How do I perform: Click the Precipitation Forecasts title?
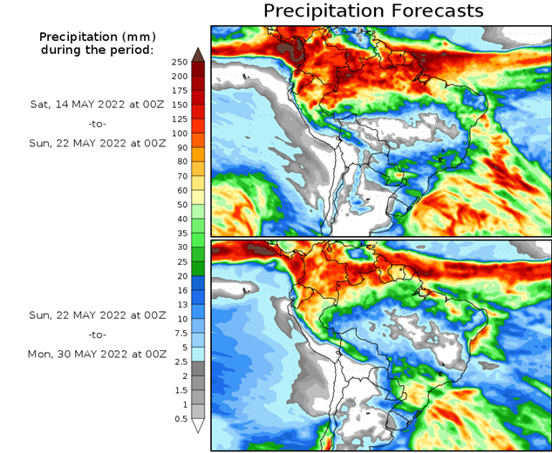coord(372,11)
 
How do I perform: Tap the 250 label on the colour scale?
coord(181,62)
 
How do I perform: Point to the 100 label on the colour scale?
coord(181,133)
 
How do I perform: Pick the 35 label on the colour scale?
coord(179,233)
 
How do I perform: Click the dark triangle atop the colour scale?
coord(198,55)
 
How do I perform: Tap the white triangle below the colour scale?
coord(198,426)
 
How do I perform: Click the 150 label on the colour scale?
coord(181,105)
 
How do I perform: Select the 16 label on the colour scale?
coord(179,290)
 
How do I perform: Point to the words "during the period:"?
coord(96,50)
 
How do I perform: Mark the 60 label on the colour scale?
coord(179,190)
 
